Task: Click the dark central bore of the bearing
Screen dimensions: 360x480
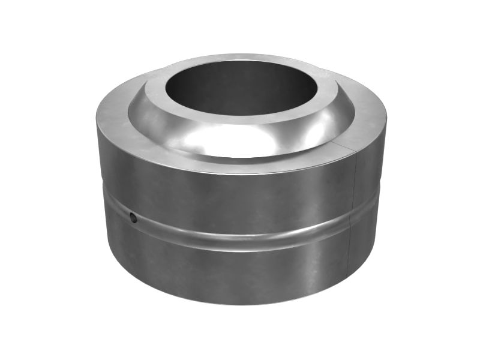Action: (x=240, y=87)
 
